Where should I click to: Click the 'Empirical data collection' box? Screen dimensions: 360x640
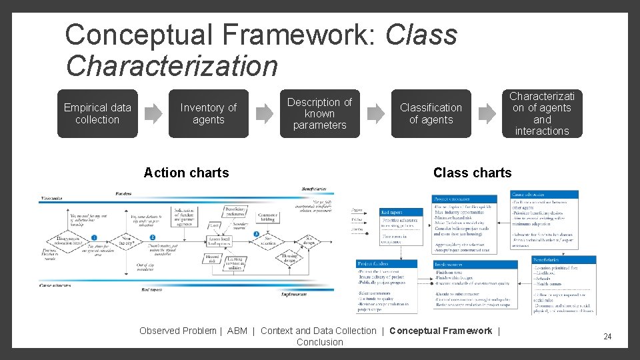[97, 113]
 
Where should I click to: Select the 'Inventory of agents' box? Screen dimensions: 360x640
[208, 113]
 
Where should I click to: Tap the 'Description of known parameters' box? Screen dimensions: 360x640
[319, 113]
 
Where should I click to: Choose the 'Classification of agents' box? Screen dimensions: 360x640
[431, 113]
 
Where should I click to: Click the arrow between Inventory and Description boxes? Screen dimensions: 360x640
[265, 114]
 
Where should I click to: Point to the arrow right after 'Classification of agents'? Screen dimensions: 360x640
[487, 114]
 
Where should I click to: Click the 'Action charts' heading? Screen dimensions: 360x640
[186, 173]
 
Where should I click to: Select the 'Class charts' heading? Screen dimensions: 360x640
[472, 173]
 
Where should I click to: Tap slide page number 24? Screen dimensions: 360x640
[607, 337]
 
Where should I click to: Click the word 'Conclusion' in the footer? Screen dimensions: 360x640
[319, 342]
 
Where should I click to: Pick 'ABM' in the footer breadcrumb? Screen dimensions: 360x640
[237, 331]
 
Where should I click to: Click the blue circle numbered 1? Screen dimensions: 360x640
[95, 237]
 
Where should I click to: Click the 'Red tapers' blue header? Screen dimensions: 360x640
[399, 212]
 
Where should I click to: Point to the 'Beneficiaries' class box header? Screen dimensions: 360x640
[563, 259]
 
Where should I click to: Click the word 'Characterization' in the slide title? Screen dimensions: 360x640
[171, 65]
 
